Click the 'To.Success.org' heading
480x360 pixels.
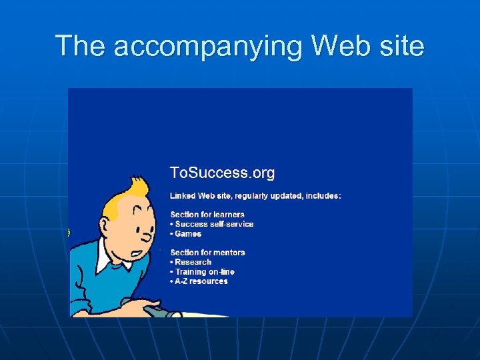coord(222,173)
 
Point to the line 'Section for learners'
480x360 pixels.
coord(207,215)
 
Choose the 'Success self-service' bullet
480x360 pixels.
coord(214,224)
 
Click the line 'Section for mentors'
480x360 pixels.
coord(207,253)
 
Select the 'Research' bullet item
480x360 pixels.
coord(193,262)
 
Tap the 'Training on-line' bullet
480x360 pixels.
coord(205,271)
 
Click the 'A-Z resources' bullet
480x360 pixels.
coord(201,281)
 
